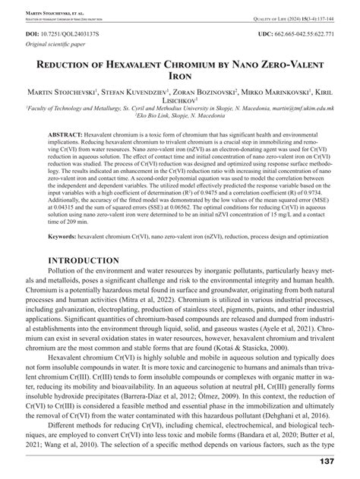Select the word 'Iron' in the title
coord(180,76)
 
